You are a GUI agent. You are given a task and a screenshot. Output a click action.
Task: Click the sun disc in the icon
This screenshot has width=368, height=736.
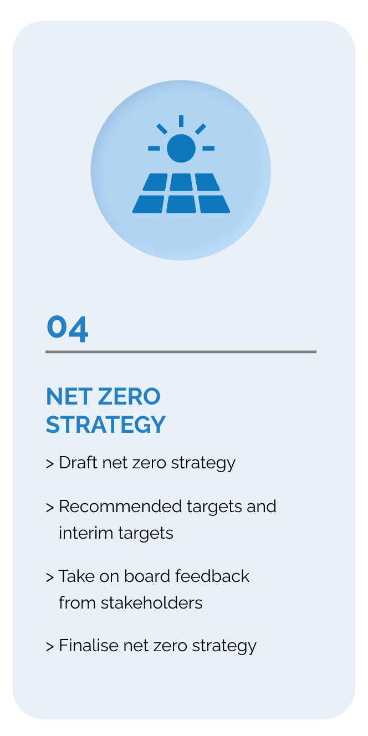click(x=181, y=148)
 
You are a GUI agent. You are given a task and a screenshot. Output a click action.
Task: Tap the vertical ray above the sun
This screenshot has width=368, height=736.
click(x=181, y=121)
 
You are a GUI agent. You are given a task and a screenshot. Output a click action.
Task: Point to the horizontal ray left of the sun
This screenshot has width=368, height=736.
click(x=154, y=149)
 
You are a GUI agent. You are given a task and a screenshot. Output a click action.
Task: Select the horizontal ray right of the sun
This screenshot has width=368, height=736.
click(x=208, y=149)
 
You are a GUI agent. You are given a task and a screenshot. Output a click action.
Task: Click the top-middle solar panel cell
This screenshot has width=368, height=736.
click(x=181, y=182)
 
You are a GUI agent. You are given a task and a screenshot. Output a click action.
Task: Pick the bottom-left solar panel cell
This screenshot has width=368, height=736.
click(x=148, y=204)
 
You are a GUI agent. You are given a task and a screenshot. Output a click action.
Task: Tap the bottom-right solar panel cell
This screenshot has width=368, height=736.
click(x=214, y=204)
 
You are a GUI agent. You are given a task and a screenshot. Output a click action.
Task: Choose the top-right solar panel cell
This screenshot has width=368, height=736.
click(x=207, y=182)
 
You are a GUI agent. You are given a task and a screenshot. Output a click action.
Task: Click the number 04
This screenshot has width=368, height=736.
click(x=68, y=329)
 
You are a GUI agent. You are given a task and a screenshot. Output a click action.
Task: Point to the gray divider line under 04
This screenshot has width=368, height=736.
click(x=181, y=351)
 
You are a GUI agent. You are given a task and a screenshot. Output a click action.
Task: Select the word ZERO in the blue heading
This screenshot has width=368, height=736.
click(x=129, y=396)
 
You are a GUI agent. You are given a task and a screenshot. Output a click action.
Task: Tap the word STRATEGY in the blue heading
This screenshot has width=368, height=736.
click(x=105, y=425)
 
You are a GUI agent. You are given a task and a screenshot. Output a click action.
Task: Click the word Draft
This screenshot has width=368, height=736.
click(x=78, y=463)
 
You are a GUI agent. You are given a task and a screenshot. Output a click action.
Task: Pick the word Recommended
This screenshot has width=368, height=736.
click(x=120, y=507)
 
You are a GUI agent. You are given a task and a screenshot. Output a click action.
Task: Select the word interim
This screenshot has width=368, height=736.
click(x=86, y=533)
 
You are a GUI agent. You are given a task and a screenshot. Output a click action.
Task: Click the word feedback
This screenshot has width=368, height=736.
click(x=212, y=576)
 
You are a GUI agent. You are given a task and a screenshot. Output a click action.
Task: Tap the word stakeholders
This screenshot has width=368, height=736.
click(x=151, y=603)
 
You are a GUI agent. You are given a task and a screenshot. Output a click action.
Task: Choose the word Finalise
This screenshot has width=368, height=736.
click(x=89, y=646)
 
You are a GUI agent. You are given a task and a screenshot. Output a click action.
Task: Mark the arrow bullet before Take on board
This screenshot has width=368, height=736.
click(x=50, y=577)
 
